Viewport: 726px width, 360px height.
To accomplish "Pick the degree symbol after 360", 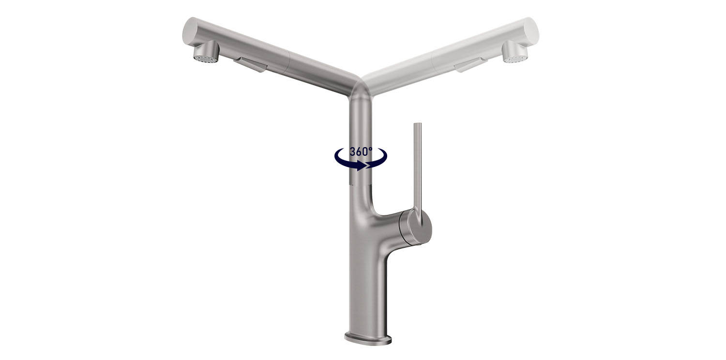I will coord(371,148).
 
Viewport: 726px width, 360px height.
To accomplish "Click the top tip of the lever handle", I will coord(417,125).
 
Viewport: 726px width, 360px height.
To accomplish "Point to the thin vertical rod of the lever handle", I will coord(417,165).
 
